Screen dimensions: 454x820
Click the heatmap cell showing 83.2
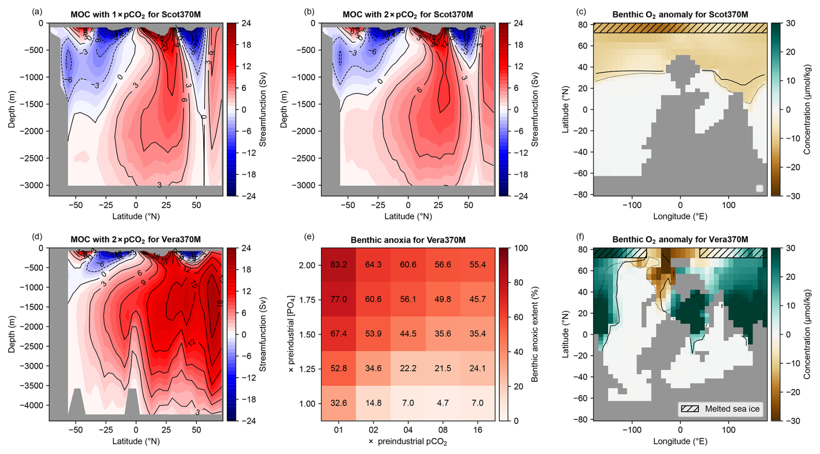(338, 265)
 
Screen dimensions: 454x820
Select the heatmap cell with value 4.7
(443, 403)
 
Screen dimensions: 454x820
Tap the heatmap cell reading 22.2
(408, 369)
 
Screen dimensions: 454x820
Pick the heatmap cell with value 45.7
(477, 300)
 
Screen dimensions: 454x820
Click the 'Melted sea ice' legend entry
(720, 409)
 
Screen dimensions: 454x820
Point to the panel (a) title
(136, 14)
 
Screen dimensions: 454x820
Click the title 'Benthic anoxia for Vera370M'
(408, 240)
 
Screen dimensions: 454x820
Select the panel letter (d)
(37, 237)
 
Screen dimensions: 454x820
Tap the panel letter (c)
(581, 12)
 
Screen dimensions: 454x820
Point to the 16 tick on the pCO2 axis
(477, 430)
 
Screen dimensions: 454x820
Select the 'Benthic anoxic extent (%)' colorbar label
(534, 334)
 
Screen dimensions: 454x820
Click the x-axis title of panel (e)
(408, 442)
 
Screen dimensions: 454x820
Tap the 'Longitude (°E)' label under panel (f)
(680, 441)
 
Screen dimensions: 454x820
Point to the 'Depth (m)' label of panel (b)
(284, 109)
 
